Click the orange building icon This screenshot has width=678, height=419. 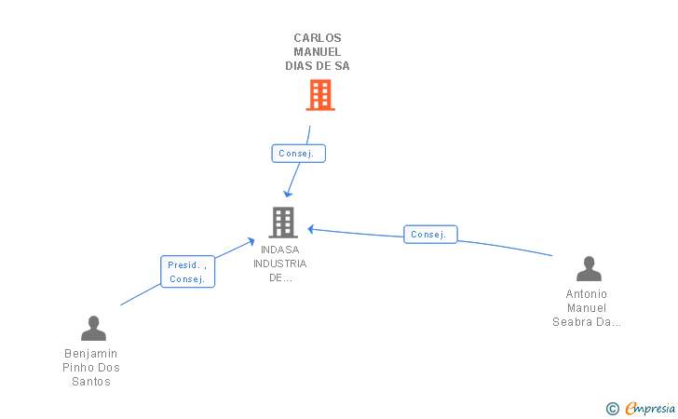click(x=320, y=95)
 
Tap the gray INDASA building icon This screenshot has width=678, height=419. click(x=283, y=223)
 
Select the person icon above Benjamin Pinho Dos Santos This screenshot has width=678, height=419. click(x=93, y=328)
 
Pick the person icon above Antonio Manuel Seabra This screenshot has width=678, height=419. click(x=589, y=268)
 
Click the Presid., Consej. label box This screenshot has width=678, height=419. click(x=188, y=272)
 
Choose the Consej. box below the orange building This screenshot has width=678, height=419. click(x=298, y=154)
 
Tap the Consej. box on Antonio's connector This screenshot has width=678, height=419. click(x=430, y=235)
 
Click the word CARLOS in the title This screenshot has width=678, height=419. click(x=318, y=38)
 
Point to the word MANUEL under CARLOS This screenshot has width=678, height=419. click(x=318, y=52)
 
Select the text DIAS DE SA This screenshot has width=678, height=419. click(x=318, y=66)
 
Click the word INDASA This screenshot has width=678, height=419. click(x=279, y=250)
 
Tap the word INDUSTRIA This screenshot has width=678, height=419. click(x=279, y=264)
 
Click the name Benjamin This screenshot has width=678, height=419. click(x=91, y=354)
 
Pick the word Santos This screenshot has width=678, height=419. click(x=91, y=382)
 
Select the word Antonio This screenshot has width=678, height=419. click(x=587, y=294)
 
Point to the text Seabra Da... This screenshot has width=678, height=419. click(x=581, y=322)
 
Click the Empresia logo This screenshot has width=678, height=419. click(x=650, y=408)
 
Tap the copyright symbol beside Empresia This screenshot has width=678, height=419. click(x=612, y=409)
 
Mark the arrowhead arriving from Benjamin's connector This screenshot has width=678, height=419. click(x=251, y=242)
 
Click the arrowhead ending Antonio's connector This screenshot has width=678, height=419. click(x=311, y=229)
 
